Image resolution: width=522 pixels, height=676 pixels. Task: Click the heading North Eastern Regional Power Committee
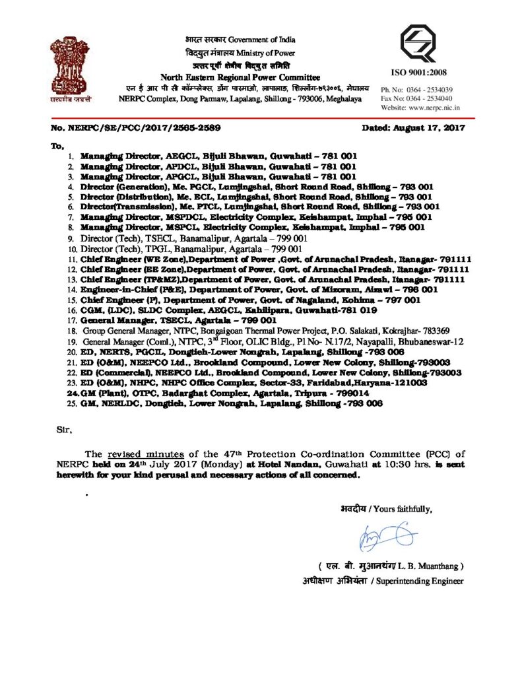240,78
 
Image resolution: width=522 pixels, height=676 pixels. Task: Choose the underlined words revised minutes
144,454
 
